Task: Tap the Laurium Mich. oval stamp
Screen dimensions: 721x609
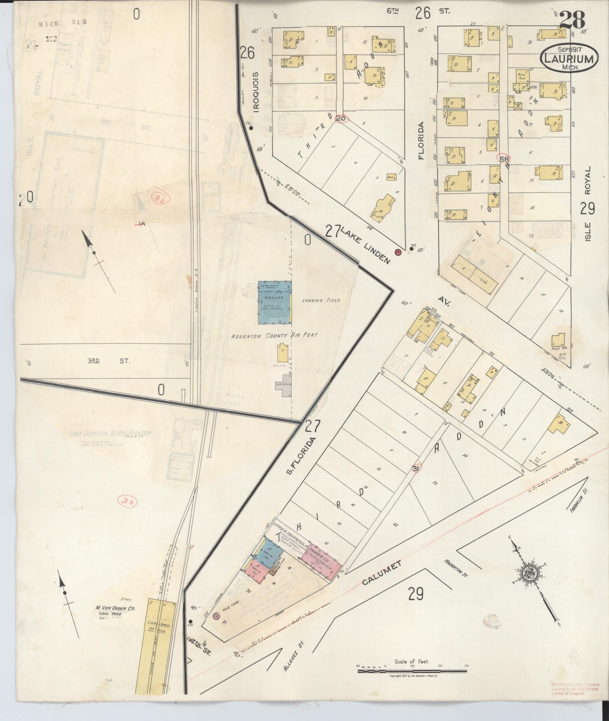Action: (x=569, y=58)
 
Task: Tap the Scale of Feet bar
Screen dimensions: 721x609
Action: (x=412, y=672)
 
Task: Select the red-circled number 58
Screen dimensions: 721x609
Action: (x=504, y=159)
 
